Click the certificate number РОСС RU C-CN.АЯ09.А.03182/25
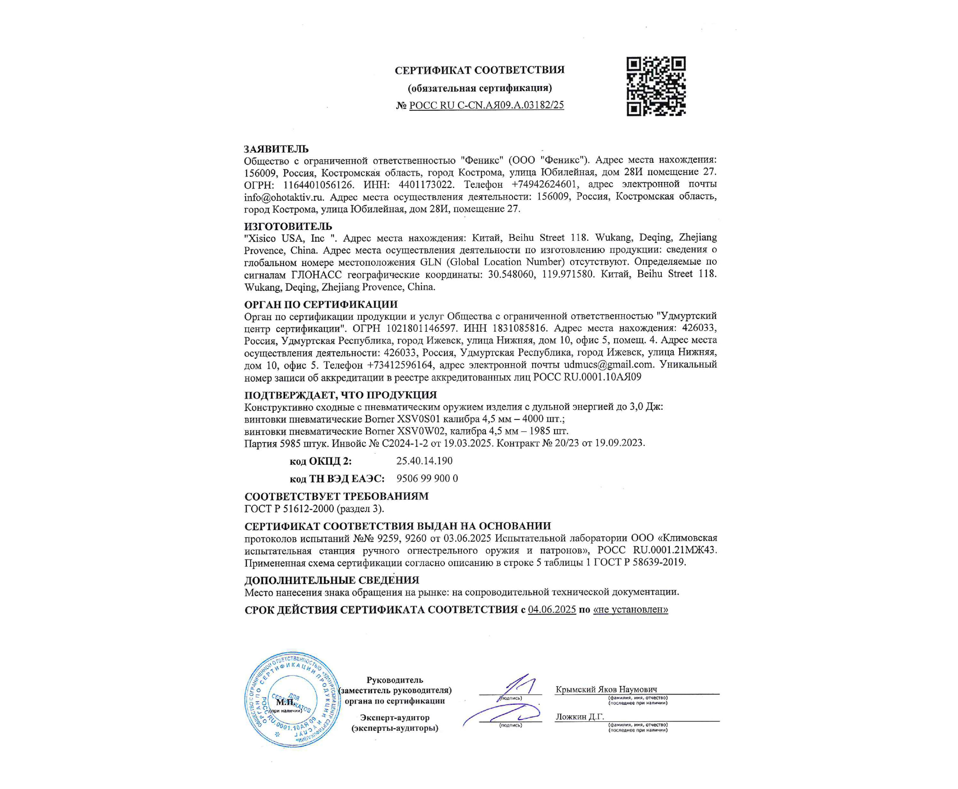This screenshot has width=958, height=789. pos(486,105)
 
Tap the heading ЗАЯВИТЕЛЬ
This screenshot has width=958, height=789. pos(276,149)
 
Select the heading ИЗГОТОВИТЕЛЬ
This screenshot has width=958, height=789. pos(288,226)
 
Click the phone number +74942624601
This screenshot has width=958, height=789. pos(544,185)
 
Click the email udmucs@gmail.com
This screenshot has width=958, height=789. pos(608,364)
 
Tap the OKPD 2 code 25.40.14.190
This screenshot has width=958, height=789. pos(424,461)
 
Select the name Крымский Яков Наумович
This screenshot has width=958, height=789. pos(606,689)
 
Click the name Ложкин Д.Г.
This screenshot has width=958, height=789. pos(579,717)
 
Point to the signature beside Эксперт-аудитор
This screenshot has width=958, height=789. pos(502,715)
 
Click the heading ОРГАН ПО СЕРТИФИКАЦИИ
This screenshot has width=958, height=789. pos(320,304)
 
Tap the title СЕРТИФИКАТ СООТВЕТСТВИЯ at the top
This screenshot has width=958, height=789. pos(479,70)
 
